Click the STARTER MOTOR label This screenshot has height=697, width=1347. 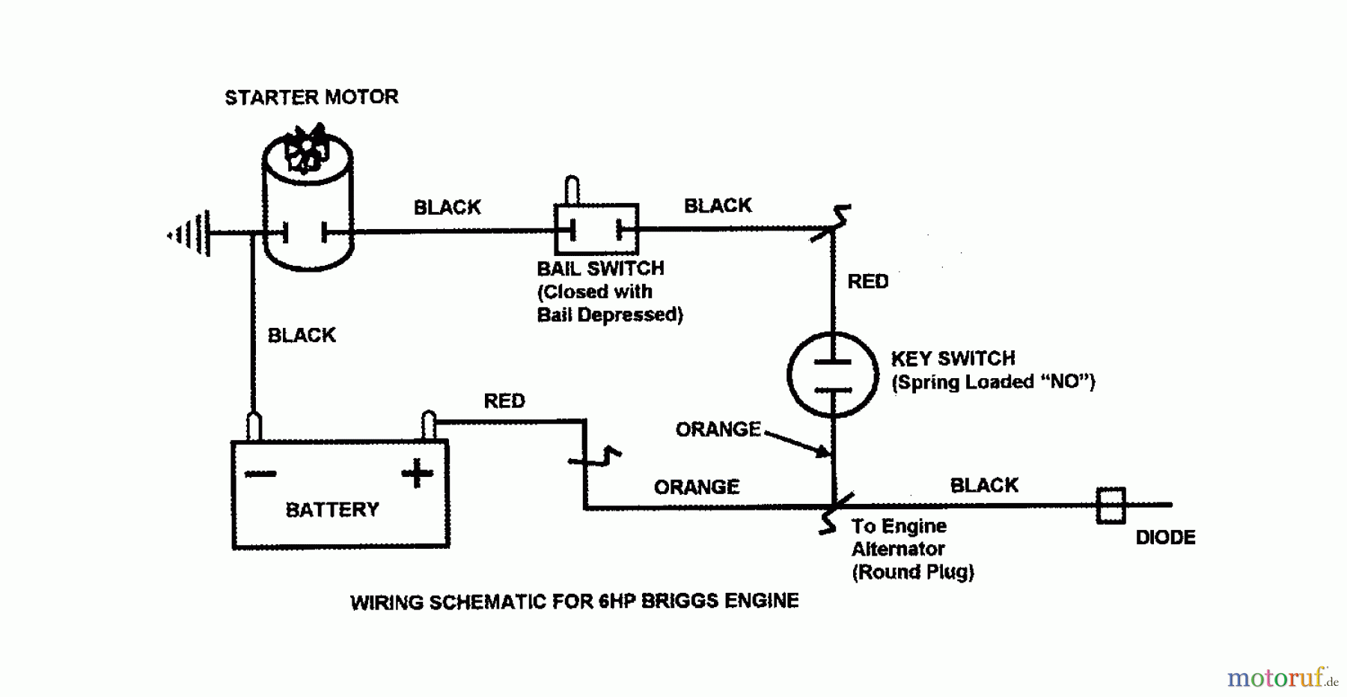[x=311, y=97]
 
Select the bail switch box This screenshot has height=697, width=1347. [x=596, y=229]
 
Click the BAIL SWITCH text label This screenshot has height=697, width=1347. [x=600, y=269]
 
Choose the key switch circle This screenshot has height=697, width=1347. [x=832, y=374]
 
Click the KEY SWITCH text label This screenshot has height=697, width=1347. [x=953, y=359]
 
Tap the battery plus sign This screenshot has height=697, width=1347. [x=417, y=474]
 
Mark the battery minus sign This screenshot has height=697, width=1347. [x=260, y=474]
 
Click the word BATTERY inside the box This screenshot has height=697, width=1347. [x=332, y=510]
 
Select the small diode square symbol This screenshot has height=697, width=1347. [x=1111, y=505]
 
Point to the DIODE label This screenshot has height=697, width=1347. [x=1165, y=538]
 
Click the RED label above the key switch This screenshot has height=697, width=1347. [x=868, y=281]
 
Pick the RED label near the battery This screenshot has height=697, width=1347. [x=504, y=401]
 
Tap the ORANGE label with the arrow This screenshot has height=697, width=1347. [x=718, y=429]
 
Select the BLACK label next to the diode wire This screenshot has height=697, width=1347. [x=984, y=485]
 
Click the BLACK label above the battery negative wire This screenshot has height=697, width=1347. [x=302, y=335]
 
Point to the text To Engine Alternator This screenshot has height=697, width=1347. [x=899, y=538]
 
